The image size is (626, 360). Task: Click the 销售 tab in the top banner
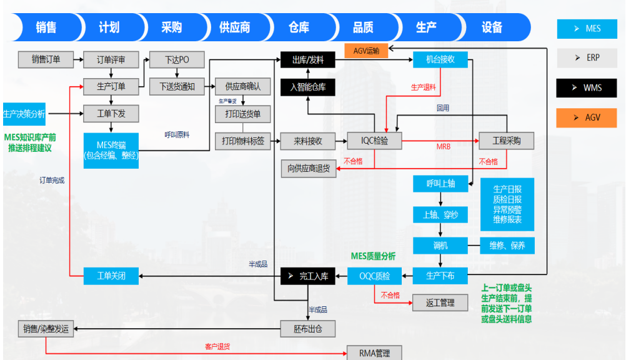coord(47,27)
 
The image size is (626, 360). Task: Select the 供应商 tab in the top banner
coord(235,27)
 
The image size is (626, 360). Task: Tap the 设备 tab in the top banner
coord(492,27)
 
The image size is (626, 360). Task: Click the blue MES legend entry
coord(587,29)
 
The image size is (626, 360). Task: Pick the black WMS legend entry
coord(587,87)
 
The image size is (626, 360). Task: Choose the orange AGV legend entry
coord(587,117)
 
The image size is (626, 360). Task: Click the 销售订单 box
coord(46,60)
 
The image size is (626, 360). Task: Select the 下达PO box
coord(177,60)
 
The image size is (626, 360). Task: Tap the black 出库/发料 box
coord(308,60)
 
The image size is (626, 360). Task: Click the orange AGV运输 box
coord(366,51)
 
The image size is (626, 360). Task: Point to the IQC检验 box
coord(374,141)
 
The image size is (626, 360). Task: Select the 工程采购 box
coord(506,141)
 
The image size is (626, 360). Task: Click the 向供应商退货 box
coord(308,169)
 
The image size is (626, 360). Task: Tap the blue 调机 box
coord(440,245)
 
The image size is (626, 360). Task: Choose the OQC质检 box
coord(374,276)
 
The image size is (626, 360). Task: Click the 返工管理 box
coord(440,303)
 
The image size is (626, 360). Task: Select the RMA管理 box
coord(374,353)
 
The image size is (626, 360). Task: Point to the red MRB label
coord(443,147)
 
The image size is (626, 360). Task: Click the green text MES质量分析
coord(373,256)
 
